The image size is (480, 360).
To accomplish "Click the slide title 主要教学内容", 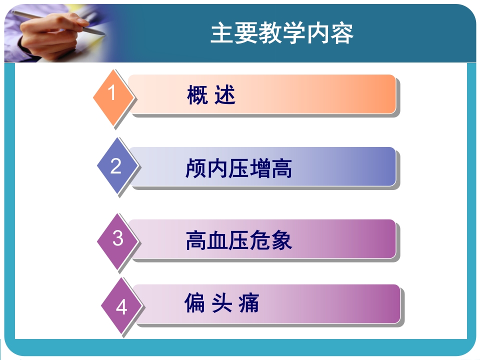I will coord(282,33).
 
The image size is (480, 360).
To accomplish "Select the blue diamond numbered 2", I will coord(116,166).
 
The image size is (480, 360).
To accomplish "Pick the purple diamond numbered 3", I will coord(117,238).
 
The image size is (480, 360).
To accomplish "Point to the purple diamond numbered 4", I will coord(121,306).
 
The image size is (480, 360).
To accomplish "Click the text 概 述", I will coord(211,95).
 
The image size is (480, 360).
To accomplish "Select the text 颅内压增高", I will coord(238,168).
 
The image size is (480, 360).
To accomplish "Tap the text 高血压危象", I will coord(238,240).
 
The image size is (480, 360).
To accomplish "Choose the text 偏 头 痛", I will coord(221,303).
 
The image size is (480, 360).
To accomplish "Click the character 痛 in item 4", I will coord(248,303).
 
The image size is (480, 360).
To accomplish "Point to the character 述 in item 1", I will coord(225,95).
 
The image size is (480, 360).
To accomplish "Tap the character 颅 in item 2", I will coord(195,168).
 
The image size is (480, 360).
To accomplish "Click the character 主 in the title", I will coord(220,33).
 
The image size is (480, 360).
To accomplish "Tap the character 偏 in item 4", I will coord(194,303).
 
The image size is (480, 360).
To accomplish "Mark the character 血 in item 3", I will coord(217,240).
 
